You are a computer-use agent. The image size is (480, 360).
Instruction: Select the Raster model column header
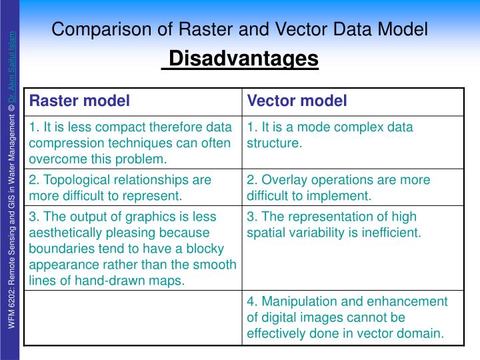point(79,101)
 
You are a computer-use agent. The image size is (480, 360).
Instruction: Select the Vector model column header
point(297,101)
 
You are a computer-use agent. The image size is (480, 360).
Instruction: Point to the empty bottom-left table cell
point(133,318)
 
